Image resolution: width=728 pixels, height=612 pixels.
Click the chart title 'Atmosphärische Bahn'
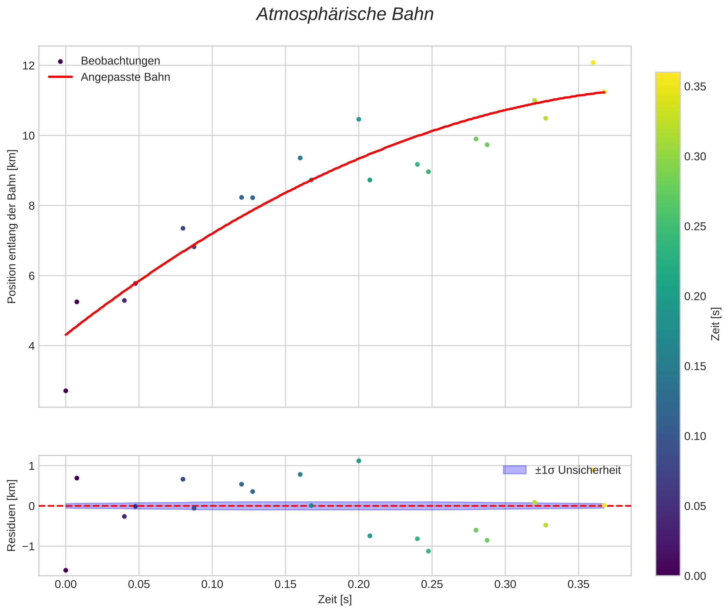point(345,14)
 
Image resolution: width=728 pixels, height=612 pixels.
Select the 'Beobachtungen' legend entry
point(120,61)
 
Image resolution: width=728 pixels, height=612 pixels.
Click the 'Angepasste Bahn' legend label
point(125,77)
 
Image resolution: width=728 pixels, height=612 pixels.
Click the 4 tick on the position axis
point(32,346)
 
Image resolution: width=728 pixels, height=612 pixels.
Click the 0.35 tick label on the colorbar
point(695,87)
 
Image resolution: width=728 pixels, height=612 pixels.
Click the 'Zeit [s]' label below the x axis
point(335,600)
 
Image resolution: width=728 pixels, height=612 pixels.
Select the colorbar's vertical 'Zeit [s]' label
point(715,324)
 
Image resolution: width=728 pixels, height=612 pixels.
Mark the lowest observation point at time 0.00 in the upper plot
point(66,391)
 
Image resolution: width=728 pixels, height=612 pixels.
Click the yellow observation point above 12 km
point(593,62)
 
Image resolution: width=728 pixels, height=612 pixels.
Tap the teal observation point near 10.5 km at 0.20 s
point(359,119)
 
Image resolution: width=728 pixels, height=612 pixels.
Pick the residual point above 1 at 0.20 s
point(359,461)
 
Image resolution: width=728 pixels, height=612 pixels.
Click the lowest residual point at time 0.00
point(66,570)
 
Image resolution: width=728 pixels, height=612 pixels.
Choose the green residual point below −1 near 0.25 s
point(428,551)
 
